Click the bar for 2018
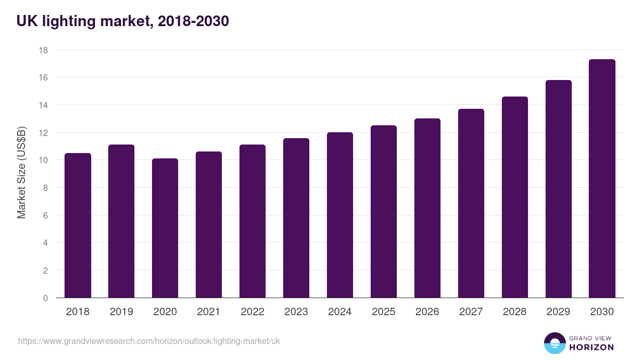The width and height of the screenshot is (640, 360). pos(78,226)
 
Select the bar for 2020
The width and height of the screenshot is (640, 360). pos(165,228)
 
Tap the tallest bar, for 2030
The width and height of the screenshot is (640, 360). pos(602,179)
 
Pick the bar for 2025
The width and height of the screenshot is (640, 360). pos(384,212)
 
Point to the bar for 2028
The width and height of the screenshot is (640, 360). pos(515,197)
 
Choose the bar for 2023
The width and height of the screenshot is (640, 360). pos(297,218)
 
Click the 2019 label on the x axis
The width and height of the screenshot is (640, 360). pos(122,312)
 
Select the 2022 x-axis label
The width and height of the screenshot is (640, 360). pos(253,312)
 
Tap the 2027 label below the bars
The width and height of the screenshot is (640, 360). pos(471,312)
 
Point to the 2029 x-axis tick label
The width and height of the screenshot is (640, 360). pos(558,312)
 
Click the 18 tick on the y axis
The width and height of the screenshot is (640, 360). pos(43,50)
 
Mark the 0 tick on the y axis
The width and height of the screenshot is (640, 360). pos(45,298)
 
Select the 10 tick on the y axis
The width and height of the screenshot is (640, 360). pos(43,160)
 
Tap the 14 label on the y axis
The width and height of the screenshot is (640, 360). pos(43,105)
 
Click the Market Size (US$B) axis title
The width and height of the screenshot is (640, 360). pos(22,173)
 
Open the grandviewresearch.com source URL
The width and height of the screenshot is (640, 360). pos(149,341)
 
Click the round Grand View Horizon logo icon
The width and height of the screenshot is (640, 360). pos(554,343)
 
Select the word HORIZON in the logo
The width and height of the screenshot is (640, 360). pos(591,347)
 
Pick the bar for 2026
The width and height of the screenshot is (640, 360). pos(428,208)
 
